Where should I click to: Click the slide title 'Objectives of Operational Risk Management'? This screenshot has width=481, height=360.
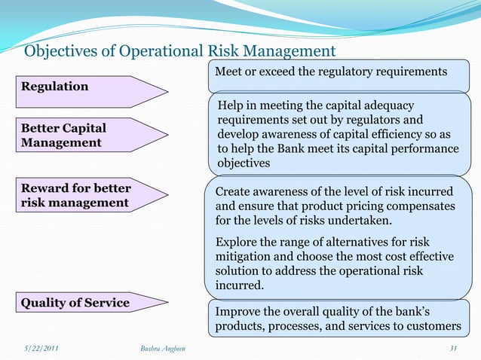tap(179, 51)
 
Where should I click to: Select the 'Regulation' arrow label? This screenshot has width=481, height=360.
tap(54, 87)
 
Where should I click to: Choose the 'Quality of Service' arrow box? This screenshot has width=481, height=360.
tap(75, 304)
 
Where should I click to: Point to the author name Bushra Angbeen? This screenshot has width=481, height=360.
tap(163, 349)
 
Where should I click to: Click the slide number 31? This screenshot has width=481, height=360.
tap(453, 349)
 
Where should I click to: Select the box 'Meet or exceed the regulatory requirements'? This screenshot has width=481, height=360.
tap(332, 72)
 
